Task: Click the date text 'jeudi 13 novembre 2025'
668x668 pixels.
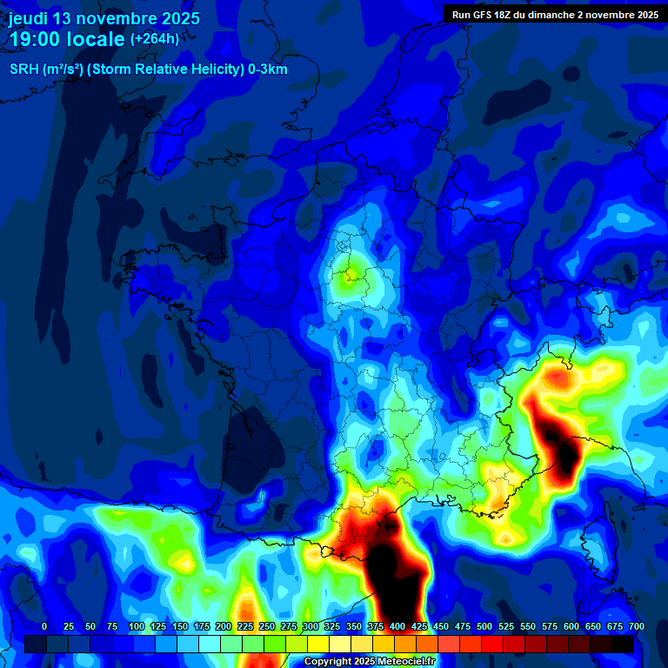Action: (104, 18)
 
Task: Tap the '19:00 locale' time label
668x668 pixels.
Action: (66, 39)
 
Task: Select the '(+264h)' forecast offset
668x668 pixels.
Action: (155, 38)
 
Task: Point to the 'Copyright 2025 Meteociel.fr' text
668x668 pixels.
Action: (381, 662)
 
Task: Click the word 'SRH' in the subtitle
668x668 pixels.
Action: (24, 70)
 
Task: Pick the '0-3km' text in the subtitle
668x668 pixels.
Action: (268, 70)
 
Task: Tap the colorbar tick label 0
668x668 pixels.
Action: (44, 626)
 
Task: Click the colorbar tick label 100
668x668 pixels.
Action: (136, 626)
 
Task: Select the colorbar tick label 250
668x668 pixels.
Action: (266, 626)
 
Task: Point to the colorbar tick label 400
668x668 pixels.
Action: (397, 626)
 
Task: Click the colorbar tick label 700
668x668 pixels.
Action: (636, 626)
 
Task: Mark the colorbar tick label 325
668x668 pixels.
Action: (331, 626)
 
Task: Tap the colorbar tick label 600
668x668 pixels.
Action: (571, 626)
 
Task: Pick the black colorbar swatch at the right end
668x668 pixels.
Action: (623, 644)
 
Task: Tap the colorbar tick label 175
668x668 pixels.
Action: (201, 626)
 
